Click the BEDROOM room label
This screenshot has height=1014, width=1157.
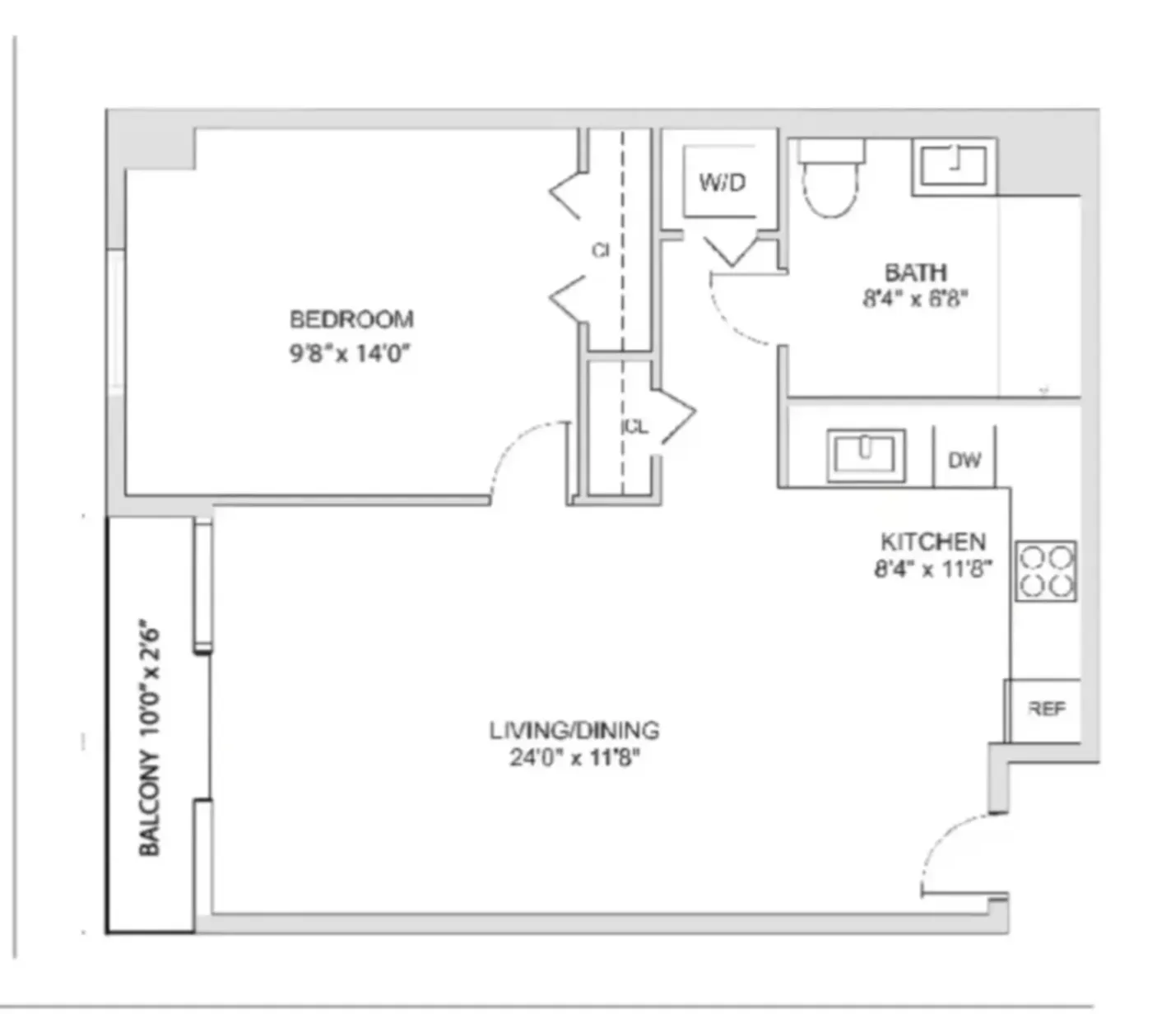[351, 319]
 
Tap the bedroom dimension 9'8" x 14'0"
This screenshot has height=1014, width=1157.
[350, 354]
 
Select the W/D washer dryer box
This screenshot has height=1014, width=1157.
[721, 182]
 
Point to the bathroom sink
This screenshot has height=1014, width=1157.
[953, 165]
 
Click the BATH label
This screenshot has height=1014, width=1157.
[915, 272]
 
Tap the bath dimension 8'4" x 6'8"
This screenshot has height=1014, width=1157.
[915, 298]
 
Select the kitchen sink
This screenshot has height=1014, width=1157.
[865, 454]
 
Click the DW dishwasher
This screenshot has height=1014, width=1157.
[964, 459]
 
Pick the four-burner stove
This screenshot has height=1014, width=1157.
[1045, 571]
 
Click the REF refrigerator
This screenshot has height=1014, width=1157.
[1046, 709]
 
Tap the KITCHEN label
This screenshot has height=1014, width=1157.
[933, 542]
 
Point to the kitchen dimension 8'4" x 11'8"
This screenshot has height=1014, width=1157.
[933, 569]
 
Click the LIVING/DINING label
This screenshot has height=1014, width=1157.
[574, 730]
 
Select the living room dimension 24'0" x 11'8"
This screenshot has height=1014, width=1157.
[574, 757]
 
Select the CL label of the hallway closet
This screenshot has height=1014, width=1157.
[635, 426]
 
